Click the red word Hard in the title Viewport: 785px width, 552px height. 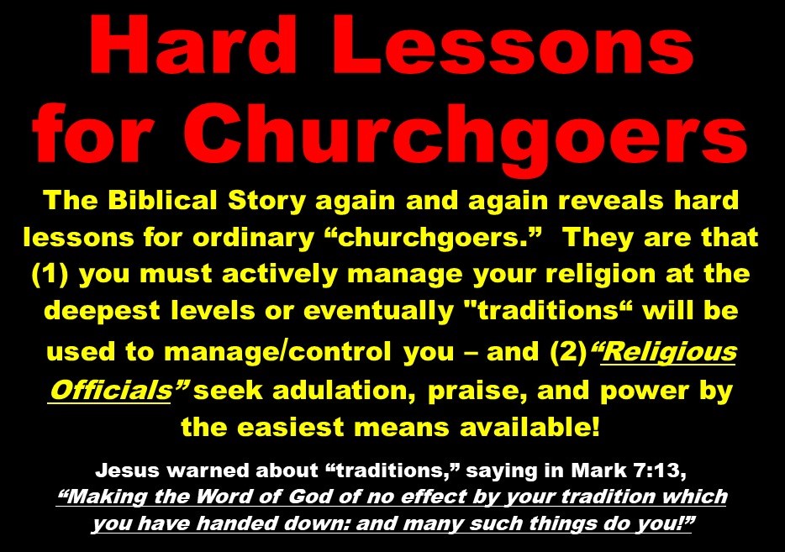(x=192, y=45)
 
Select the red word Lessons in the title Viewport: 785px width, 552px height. (x=518, y=45)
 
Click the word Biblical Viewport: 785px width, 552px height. (x=162, y=200)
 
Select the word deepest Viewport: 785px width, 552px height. (x=101, y=312)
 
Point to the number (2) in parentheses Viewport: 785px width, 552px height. (x=568, y=351)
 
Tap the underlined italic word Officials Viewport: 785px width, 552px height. (x=111, y=390)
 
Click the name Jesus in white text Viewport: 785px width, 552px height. (x=127, y=471)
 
